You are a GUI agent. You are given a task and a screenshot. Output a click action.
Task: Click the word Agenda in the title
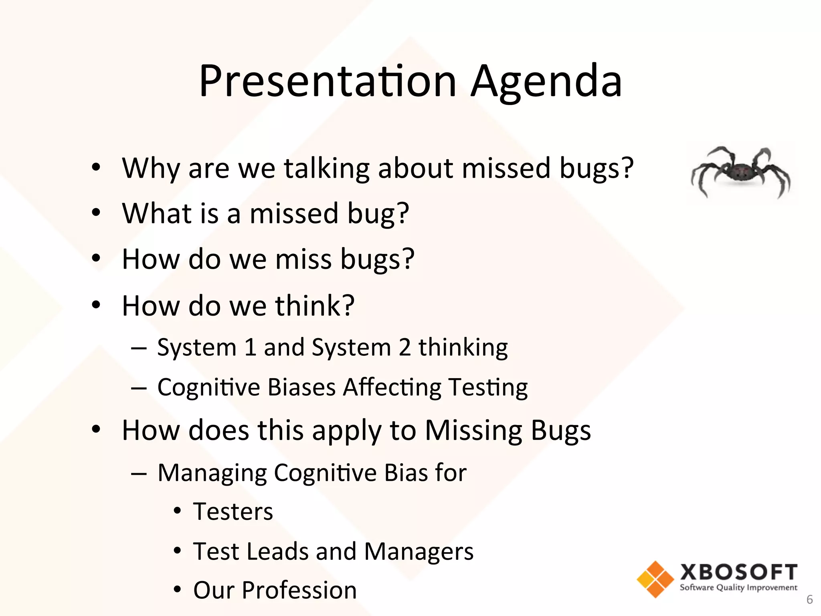(x=546, y=82)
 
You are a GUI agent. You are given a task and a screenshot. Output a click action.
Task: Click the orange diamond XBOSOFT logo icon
(x=655, y=579)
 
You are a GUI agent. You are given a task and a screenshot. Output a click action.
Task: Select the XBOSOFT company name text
(x=738, y=572)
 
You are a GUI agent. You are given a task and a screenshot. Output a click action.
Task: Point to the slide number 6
(x=809, y=600)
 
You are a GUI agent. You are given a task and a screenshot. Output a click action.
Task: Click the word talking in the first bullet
(x=326, y=168)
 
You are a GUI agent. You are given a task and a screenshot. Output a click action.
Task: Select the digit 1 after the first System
(x=250, y=347)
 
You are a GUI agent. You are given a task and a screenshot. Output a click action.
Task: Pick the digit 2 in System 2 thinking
(x=404, y=347)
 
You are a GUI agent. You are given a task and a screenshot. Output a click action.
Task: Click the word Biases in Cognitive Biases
(x=301, y=387)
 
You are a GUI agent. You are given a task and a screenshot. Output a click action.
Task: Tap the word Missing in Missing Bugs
(x=473, y=431)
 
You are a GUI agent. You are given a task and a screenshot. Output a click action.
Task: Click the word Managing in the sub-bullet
(x=212, y=473)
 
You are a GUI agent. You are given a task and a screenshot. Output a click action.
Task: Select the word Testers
(x=233, y=512)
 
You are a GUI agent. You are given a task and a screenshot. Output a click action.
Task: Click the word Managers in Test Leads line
(x=419, y=551)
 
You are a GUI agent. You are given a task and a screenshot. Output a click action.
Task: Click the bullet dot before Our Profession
(x=178, y=590)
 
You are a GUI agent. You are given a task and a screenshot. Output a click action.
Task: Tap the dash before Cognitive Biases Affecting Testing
(x=139, y=388)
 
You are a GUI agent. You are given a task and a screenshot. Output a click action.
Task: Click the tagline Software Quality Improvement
(x=738, y=588)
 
